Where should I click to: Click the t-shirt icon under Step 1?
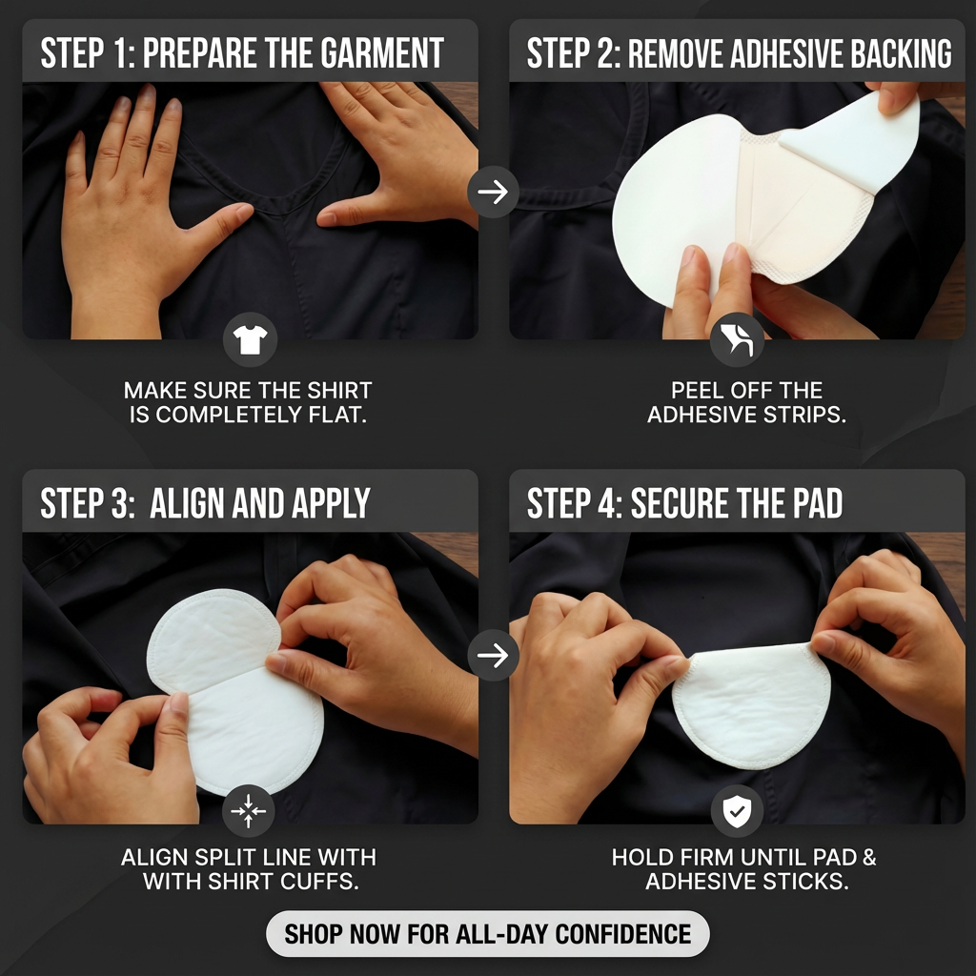point(251,340)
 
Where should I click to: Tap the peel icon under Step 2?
point(737,340)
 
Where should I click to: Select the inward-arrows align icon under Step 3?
point(249,811)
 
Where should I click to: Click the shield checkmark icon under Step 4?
point(737,811)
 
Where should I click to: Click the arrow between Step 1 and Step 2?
point(493,192)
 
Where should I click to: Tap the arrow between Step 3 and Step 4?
point(493,656)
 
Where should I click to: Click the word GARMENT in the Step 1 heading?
point(383,53)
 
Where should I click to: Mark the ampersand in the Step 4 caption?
point(869,858)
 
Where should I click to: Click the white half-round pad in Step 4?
point(752,706)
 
